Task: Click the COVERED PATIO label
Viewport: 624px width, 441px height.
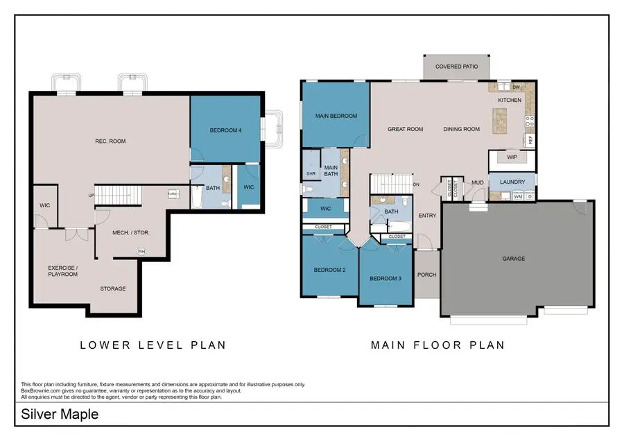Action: tap(456, 67)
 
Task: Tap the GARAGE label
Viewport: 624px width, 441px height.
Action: tap(514, 259)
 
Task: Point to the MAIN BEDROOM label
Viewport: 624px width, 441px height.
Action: tap(336, 116)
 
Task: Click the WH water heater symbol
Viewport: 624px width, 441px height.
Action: tap(141, 251)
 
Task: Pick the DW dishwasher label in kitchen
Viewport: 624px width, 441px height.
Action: tap(516, 87)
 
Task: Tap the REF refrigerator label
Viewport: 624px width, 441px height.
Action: tap(530, 139)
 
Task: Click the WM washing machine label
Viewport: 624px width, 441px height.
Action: tap(518, 197)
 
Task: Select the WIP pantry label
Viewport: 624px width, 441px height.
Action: tap(512, 157)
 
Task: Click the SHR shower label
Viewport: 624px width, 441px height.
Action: tap(311, 173)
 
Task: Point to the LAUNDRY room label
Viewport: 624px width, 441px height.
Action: tap(512, 182)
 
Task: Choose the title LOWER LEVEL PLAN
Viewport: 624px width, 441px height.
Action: tap(153, 345)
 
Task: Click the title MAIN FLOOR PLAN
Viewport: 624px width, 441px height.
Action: tap(437, 345)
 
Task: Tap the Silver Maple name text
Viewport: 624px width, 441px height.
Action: tap(60, 415)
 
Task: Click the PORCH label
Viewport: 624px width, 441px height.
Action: tap(427, 275)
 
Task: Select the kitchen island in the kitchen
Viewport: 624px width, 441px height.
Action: tap(498, 125)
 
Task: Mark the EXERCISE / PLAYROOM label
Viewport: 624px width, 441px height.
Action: tap(62, 270)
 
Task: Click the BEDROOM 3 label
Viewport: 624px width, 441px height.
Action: tap(385, 279)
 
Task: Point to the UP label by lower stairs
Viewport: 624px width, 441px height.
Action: tap(90, 195)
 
